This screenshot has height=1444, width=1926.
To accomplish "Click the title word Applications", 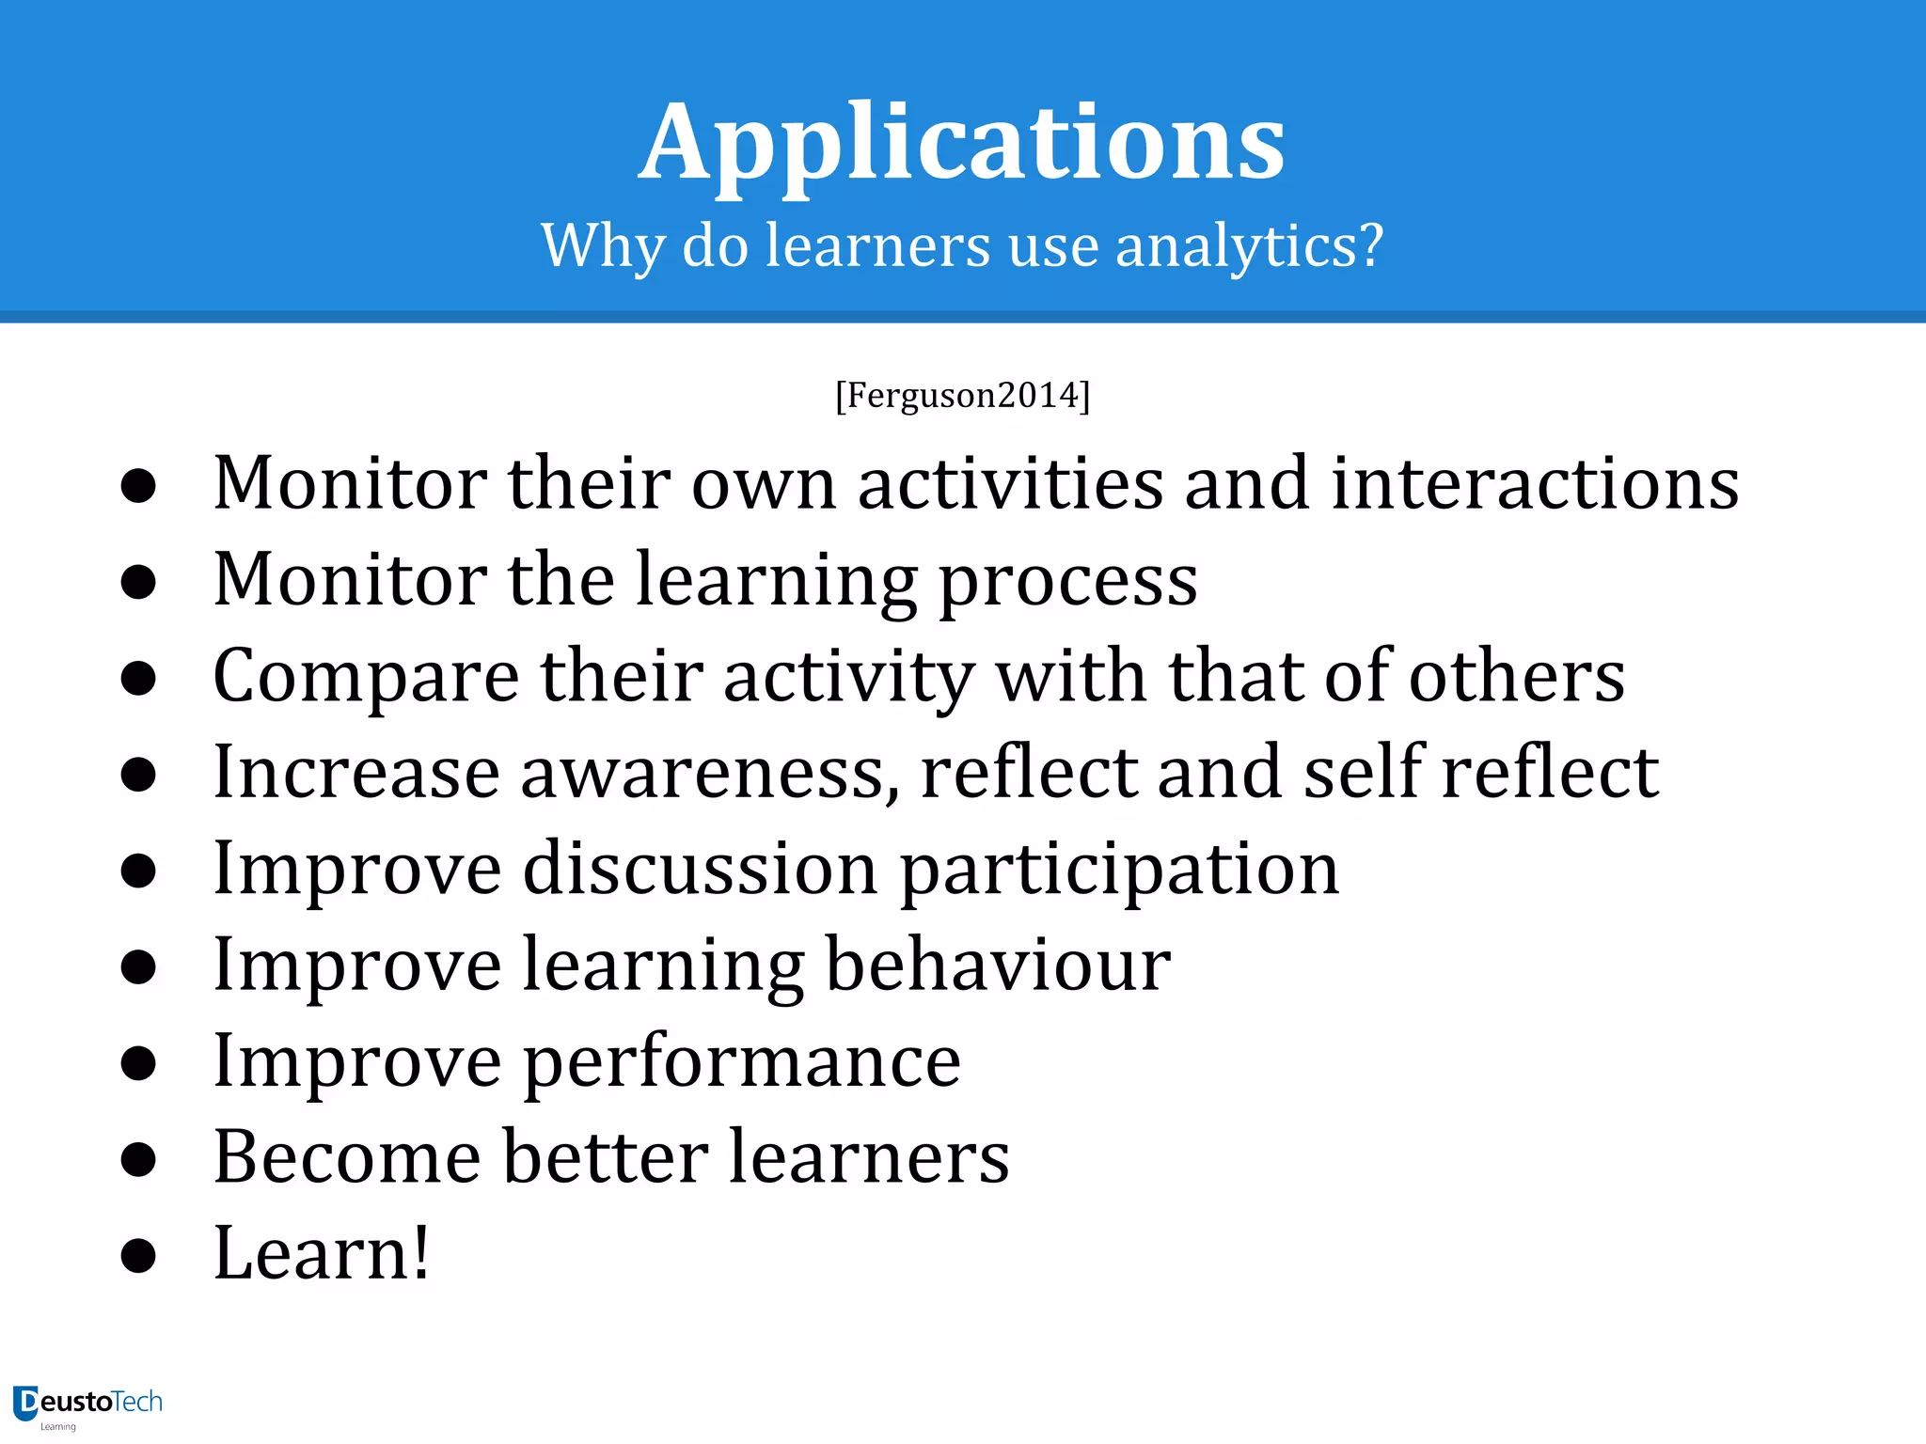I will [x=962, y=143].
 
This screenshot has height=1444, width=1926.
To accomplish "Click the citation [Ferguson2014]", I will [x=962, y=395].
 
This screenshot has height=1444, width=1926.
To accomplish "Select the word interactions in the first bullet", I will [x=1535, y=483].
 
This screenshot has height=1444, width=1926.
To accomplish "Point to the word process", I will [x=1068, y=581].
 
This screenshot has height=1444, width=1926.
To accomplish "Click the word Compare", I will [x=366, y=677].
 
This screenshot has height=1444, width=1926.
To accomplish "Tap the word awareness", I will [x=709, y=773].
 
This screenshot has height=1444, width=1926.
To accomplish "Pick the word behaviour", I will [x=998, y=965].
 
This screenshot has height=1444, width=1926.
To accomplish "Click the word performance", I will [x=742, y=1062].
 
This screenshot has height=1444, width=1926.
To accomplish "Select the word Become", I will [x=347, y=1157].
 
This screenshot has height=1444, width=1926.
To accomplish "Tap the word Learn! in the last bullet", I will [x=322, y=1253].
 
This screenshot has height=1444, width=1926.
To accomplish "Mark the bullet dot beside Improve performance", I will [x=138, y=1063].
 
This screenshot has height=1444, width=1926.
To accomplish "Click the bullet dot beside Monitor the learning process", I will [x=138, y=582].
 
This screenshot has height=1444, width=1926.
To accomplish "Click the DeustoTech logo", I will [x=88, y=1405].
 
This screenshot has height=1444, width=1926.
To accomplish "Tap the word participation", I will [x=1119, y=870].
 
